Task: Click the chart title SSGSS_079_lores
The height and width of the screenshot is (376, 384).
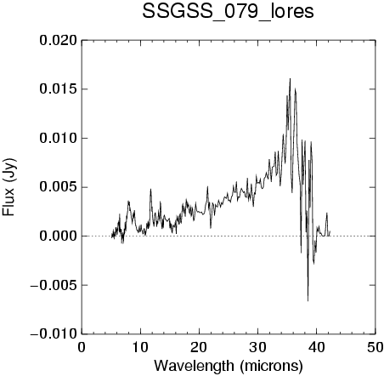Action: tap(228, 12)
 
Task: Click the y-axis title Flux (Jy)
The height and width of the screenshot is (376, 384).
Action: tap(9, 187)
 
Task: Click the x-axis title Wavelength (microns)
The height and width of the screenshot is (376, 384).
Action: tap(229, 366)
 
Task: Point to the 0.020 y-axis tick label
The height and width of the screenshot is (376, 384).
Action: tap(58, 41)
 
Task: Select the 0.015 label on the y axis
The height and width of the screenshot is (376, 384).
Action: tap(58, 89)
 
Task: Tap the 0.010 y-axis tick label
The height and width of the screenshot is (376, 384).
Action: tap(58, 139)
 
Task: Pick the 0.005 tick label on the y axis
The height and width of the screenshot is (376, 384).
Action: tap(58, 187)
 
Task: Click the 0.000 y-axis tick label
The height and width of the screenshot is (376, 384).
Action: tap(58, 236)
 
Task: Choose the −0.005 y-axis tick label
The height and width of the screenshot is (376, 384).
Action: tap(54, 285)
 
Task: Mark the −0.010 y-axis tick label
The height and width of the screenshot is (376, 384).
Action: tap(54, 334)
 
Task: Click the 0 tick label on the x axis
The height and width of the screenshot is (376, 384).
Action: tap(82, 347)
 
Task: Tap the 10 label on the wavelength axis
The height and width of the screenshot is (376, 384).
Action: tap(140, 347)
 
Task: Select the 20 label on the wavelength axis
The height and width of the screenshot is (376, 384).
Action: tap(199, 347)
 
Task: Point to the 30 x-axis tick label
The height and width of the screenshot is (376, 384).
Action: tap(258, 347)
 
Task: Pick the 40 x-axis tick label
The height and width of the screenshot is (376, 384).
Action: tap(317, 347)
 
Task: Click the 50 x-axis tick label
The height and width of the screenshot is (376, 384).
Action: tap(375, 347)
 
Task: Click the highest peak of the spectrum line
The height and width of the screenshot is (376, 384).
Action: tap(290, 78)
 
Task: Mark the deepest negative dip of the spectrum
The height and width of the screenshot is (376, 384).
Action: tap(308, 301)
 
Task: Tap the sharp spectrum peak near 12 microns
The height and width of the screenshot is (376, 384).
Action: tap(150, 189)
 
